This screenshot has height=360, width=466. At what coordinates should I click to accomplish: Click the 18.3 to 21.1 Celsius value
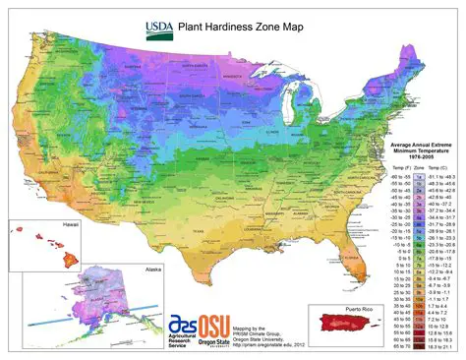(435, 346)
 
